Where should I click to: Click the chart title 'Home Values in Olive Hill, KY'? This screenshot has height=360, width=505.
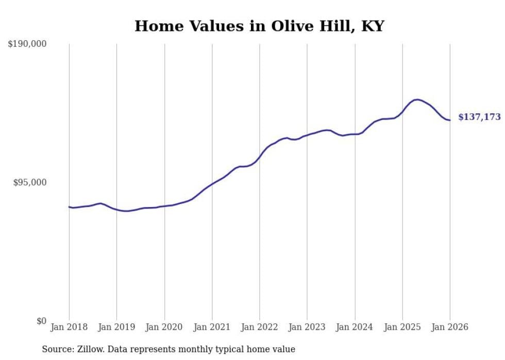[x=259, y=26]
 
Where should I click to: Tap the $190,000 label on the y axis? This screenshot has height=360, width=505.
[x=27, y=44]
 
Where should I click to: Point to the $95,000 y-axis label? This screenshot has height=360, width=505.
[x=29, y=183]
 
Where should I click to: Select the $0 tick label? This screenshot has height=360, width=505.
[x=41, y=321]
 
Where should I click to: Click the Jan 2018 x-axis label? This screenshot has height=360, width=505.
[x=69, y=328]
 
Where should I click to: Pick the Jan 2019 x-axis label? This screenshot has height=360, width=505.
[x=116, y=328]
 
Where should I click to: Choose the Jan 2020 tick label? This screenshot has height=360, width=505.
[x=164, y=328]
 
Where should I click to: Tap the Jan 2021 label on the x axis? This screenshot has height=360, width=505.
[x=212, y=328]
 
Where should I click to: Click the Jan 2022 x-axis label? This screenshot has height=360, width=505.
[x=260, y=328]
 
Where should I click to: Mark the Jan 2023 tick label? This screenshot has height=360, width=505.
[x=307, y=328]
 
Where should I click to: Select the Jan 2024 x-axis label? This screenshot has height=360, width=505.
[x=355, y=328]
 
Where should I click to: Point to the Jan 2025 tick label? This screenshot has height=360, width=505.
[x=402, y=328]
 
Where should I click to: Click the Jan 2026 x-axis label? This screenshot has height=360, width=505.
[x=450, y=328]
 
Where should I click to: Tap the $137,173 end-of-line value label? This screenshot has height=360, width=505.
[x=479, y=117]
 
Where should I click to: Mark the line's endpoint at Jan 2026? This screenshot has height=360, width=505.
[x=450, y=121]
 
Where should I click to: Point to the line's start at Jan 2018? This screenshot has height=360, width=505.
[x=69, y=207]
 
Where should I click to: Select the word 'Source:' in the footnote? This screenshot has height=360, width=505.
[x=57, y=350]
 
